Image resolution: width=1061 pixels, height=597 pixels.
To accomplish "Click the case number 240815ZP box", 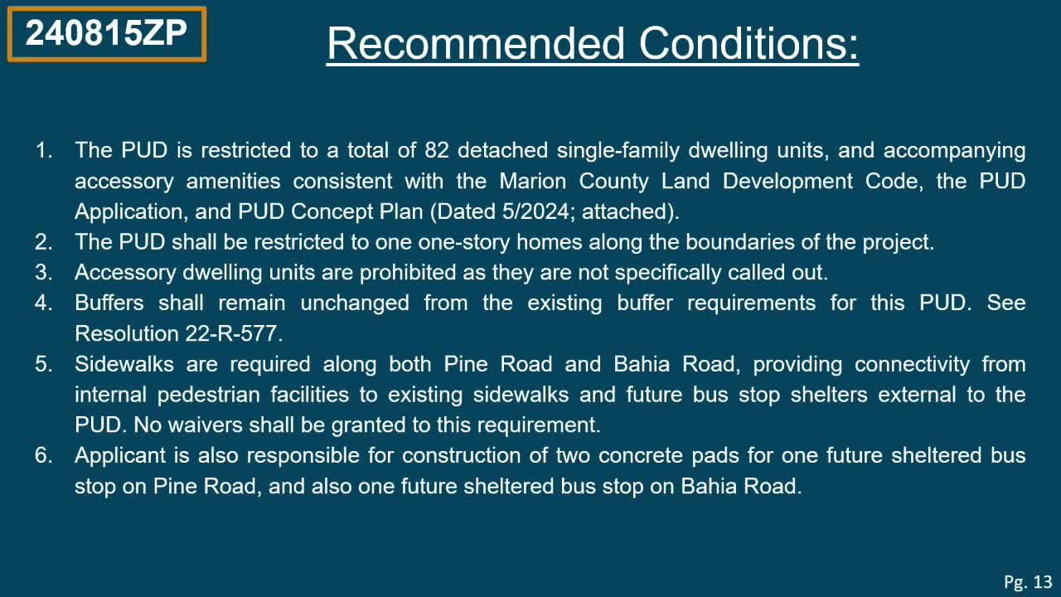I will (x=106, y=34).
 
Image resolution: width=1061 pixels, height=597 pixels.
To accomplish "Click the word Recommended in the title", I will (x=475, y=43).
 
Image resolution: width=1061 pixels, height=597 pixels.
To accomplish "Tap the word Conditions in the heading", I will (x=749, y=43).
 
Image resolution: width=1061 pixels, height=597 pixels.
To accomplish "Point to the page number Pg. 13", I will (x=1027, y=581).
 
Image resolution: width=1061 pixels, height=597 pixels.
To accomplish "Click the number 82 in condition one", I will (x=436, y=151).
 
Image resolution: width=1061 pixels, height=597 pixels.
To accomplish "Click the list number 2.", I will (x=43, y=242).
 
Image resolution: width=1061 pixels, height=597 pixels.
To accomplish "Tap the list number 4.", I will (x=43, y=303).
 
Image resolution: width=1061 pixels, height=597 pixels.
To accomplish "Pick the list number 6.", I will (x=43, y=455).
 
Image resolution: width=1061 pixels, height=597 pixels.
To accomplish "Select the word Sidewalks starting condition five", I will (x=123, y=364).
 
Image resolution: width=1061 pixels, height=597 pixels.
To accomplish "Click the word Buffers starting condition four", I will (x=109, y=303).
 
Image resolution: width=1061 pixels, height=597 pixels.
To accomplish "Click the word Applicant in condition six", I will (x=121, y=455).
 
